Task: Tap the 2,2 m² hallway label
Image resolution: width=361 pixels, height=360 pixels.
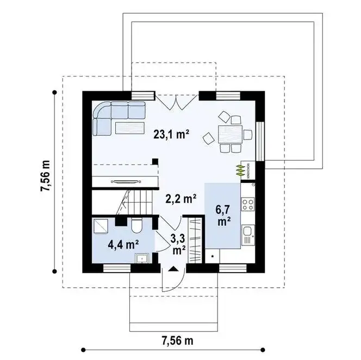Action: [180, 199]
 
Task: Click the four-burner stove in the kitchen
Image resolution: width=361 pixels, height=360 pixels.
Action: [248, 205]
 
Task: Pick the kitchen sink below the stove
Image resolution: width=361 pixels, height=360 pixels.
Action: [248, 235]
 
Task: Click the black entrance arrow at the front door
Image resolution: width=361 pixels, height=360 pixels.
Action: [173, 269]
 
